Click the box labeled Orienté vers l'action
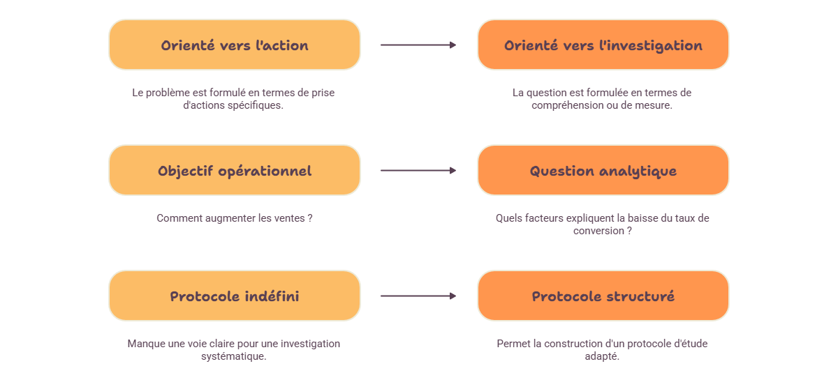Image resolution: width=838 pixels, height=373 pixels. (235, 45)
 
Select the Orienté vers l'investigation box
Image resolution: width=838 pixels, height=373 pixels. (603, 45)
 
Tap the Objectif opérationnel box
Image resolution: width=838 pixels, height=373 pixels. (235, 170)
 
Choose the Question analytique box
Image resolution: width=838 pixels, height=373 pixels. (603, 170)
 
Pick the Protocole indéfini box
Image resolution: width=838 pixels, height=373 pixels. (235, 296)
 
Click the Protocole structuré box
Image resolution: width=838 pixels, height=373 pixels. (603, 296)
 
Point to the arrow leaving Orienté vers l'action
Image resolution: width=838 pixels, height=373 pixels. (418, 45)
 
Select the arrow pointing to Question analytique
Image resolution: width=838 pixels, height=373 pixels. (418, 170)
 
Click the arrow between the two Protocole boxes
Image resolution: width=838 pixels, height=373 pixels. (418, 296)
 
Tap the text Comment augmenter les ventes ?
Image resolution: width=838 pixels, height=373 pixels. (235, 218)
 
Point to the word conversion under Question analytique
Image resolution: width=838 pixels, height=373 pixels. (598, 231)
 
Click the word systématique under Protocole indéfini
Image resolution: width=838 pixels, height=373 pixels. (234, 356)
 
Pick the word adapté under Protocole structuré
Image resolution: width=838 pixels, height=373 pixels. (602, 356)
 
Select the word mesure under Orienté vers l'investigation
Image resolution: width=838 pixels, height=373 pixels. (656, 106)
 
